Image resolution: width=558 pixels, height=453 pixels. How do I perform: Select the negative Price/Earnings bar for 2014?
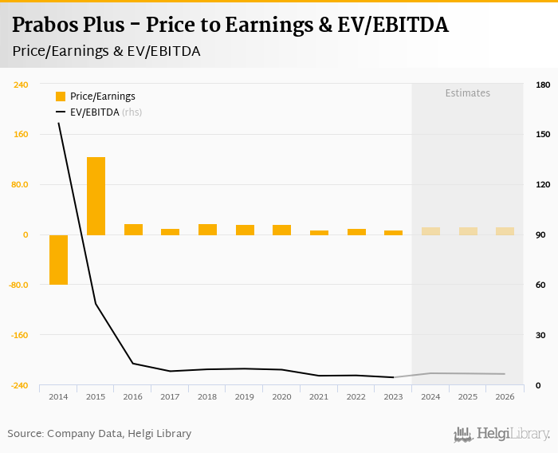click(x=58, y=259)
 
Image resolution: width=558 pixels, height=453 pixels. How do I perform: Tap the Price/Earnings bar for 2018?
click(x=207, y=230)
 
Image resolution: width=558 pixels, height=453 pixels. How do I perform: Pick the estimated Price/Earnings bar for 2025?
click(x=468, y=231)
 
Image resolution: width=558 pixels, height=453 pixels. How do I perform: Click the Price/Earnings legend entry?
click(x=101, y=97)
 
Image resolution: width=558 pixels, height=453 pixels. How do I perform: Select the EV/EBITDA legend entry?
click(x=94, y=112)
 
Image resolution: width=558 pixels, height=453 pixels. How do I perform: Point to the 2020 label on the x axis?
click(x=281, y=396)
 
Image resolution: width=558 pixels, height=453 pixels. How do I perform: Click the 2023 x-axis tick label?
click(x=393, y=396)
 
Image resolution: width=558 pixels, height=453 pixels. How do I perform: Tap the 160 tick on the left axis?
click(x=21, y=135)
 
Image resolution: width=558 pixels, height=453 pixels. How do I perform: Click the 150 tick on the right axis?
click(x=543, y=135)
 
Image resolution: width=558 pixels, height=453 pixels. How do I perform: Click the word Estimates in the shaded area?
click(x=467, y=93)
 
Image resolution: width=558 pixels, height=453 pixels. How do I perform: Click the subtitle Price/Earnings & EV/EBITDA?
click(x=106, y=51)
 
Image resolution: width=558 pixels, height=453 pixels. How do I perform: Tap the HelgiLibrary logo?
click(x=501, y=434)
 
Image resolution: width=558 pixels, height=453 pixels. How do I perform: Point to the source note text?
click(x=100, y=434)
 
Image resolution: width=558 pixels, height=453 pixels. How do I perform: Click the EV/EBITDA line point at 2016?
click(x=133, y=364)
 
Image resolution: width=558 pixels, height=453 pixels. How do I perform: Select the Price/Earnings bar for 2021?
click(x=319, y=233)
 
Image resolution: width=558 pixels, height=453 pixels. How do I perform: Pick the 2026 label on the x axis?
click(x=505, y=396)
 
